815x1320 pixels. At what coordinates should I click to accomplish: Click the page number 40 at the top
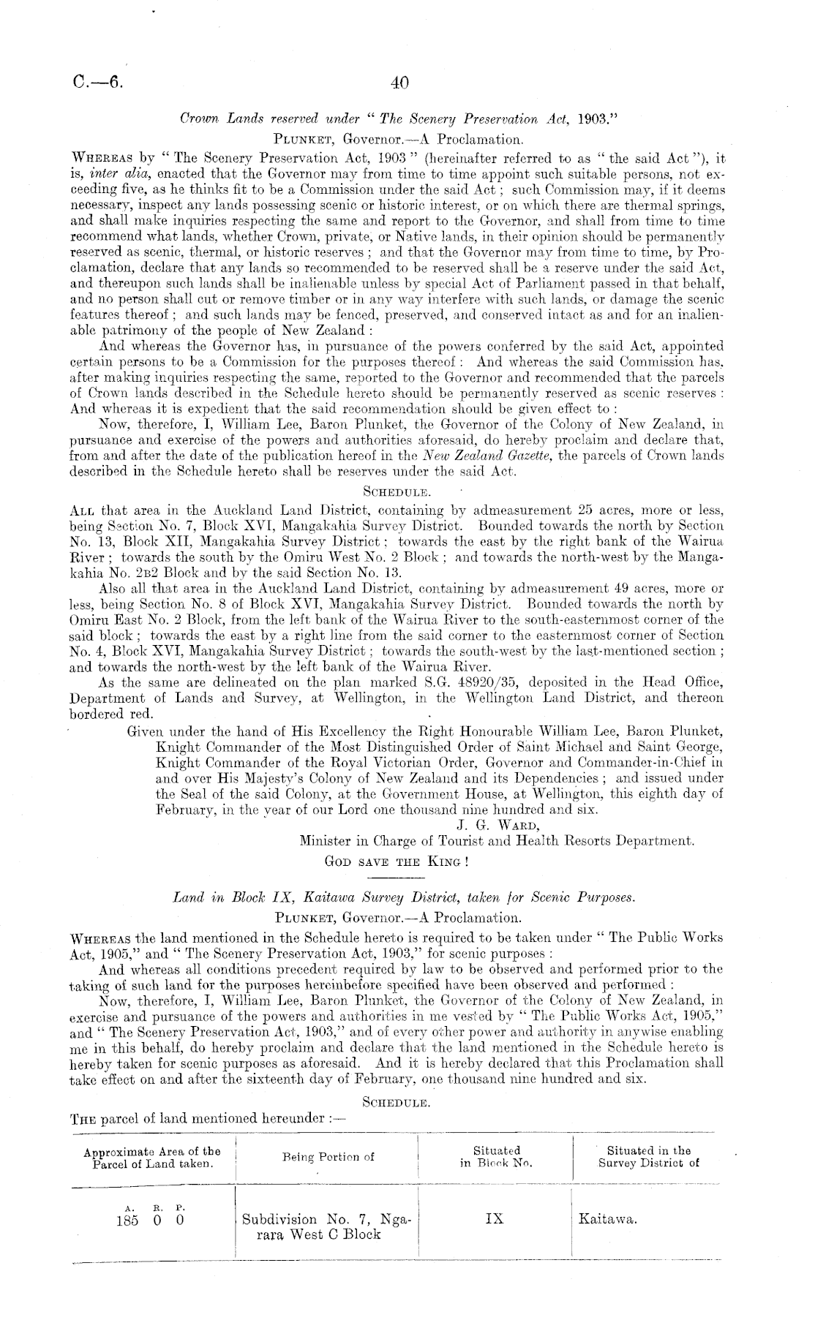pyautogui.click(x=399, y=83)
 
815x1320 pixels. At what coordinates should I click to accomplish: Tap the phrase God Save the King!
pyautogui.click(x=396, y=861)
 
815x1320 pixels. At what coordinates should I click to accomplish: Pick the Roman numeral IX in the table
pyautogui.click(x=495, y=1219)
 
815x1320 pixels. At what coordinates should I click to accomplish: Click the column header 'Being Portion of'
pyautogui.click(x=328, y=1156)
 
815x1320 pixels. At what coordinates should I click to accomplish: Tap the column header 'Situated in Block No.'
pyautogui.click(x=496, y=1156)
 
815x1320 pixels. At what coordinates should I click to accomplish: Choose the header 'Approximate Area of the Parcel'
pyautogui.click(x=152, y=1156)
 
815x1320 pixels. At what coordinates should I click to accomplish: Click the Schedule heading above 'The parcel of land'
pyautogui.click(x=395, y=1100)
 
